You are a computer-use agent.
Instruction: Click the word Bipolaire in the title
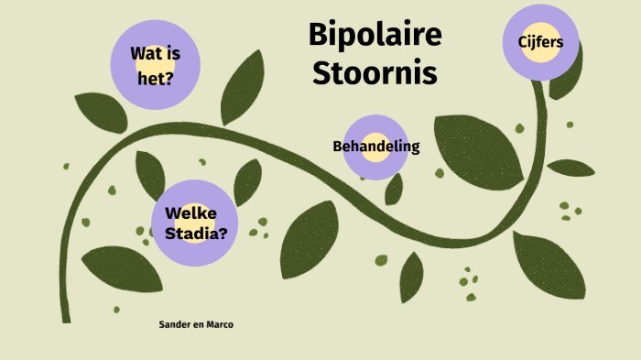coord(375,36)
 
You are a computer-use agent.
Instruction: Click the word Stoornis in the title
coord(375,72)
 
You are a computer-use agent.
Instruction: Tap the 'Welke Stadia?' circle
coord(195,222)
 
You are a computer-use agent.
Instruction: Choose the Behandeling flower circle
coord(375,147)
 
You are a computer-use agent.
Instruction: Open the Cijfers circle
coord(534,42)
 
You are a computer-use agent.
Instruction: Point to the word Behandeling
coord(375,147)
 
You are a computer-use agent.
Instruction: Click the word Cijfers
coord(534,42)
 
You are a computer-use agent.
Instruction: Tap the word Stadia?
coord(196,233)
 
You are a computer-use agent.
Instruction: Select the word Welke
coord(189,213)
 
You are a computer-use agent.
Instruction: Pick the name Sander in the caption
coord(174,324)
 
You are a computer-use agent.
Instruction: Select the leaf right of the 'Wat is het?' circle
coord(241,87)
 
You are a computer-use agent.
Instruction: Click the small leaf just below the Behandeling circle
coord(394,188)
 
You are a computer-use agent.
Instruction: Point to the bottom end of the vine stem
coord(66,317)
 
